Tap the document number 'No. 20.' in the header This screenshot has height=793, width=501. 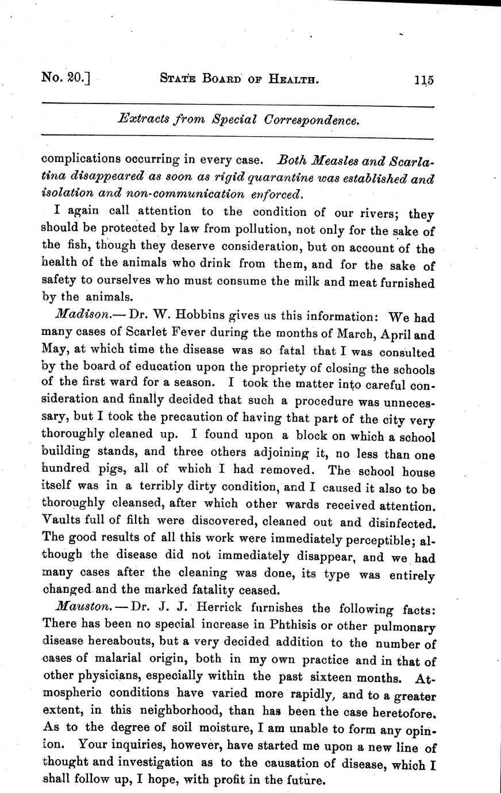[x=66, y=78]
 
